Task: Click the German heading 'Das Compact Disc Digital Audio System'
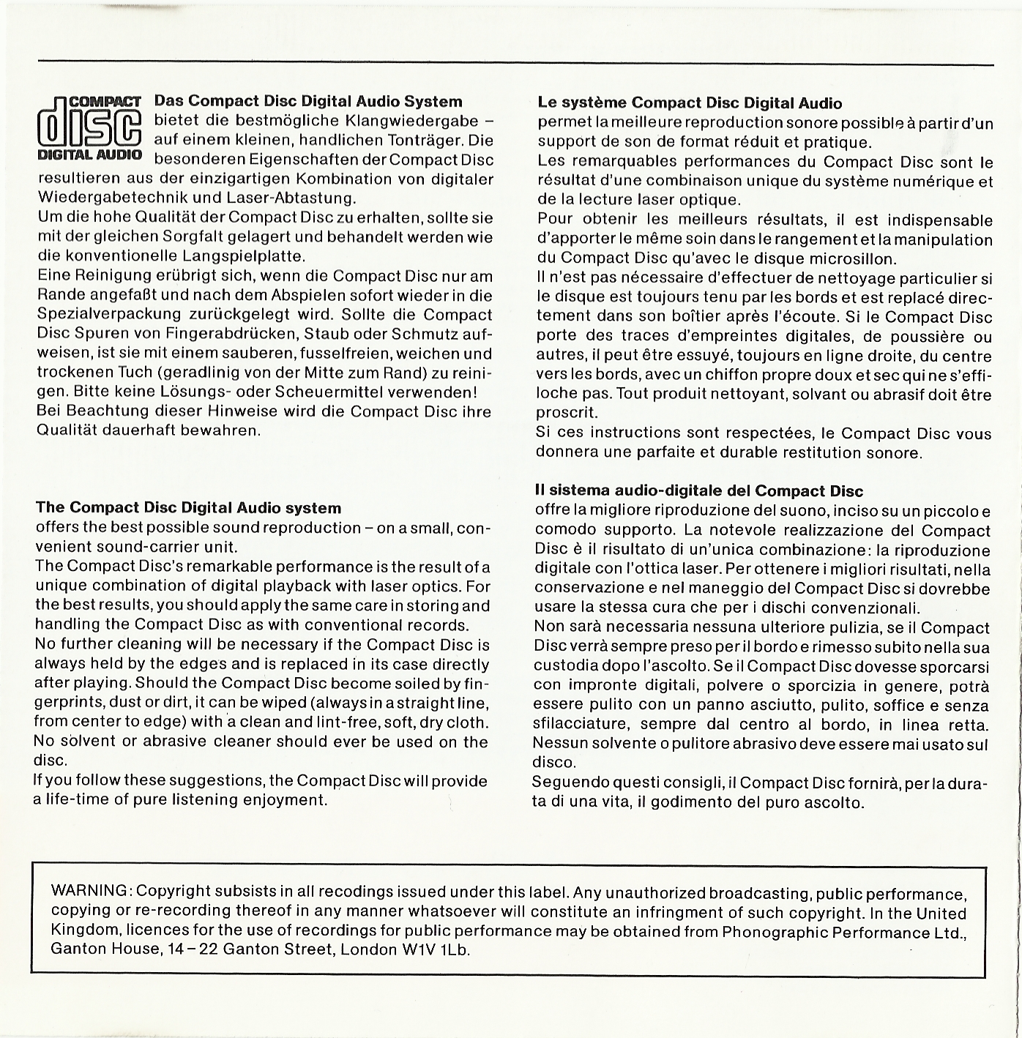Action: [308, 101]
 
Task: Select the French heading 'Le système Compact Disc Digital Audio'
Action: [690, 103]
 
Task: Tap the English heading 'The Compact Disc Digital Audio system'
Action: [188, 507]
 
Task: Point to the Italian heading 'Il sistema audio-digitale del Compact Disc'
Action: [699, 490]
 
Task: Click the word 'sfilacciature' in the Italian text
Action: [580, 725]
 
